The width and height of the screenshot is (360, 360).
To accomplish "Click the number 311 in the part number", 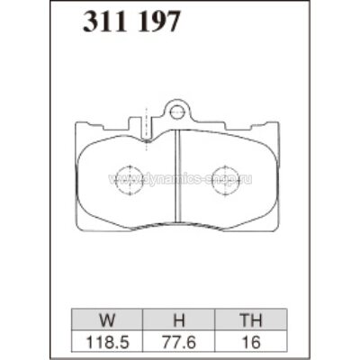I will tap(105, 23).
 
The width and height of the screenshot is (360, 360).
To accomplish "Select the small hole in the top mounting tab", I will tap(179, 113).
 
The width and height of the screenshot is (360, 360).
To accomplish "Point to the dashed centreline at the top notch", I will tap(146, 119).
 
